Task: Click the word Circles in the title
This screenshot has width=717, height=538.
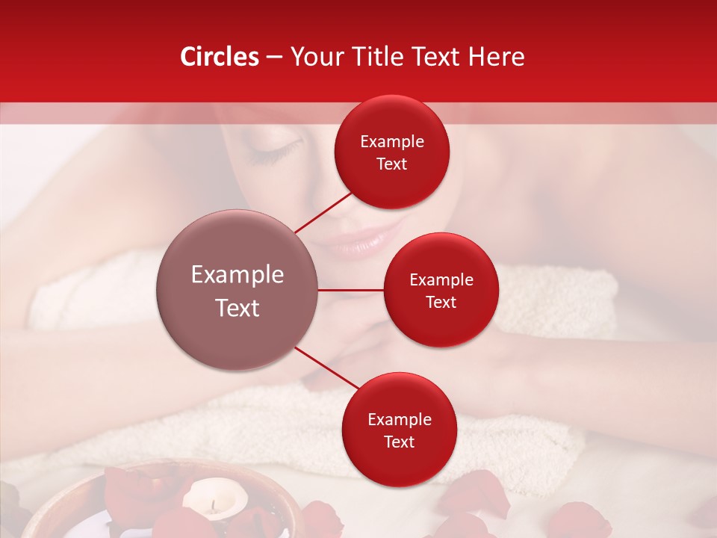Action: tap(220, 57)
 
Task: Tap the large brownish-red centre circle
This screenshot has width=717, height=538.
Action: tap(238, 290)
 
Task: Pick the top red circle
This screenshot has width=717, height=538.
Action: tap(391, 152)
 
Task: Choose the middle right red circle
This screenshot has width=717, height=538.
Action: tap(441, 290)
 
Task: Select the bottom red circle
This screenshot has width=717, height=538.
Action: tap(399, 430)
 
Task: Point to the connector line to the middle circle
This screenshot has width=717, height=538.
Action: tap(351, 290)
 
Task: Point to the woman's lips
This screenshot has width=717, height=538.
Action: tap(369, 241)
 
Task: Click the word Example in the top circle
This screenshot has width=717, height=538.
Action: tap(391, 142)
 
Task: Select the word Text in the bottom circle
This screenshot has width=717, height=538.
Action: tap(399, 442)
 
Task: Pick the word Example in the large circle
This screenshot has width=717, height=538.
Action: tap(238, 275)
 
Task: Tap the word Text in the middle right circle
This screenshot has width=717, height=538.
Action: tap(441, 302)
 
